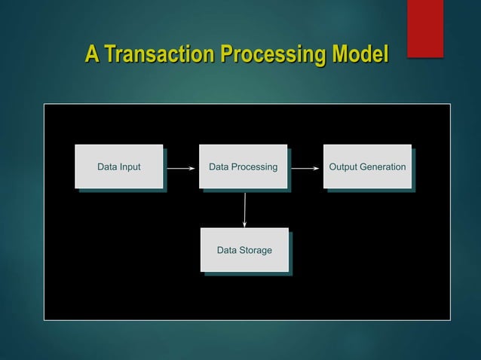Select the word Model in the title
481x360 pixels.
coord(360,55)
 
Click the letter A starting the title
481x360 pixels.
coord(91,55)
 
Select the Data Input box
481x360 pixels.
coord(119,166)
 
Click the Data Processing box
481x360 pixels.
coord(243,166)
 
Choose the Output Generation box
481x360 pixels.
coord(367,166)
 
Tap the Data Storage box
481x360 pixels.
coord(244,249)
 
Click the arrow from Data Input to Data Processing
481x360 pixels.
coord(180,169)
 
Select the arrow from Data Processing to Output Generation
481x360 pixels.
coord(305,169)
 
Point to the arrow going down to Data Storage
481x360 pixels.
coord(244,208)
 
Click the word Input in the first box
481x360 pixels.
coord(130,166)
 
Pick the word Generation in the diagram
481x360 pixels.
coord(384,166)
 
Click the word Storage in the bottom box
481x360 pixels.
coord(256,250)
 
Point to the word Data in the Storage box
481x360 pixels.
coord(227,250)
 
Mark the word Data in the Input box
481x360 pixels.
coord(107,166)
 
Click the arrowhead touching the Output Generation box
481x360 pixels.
coord(316,169)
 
